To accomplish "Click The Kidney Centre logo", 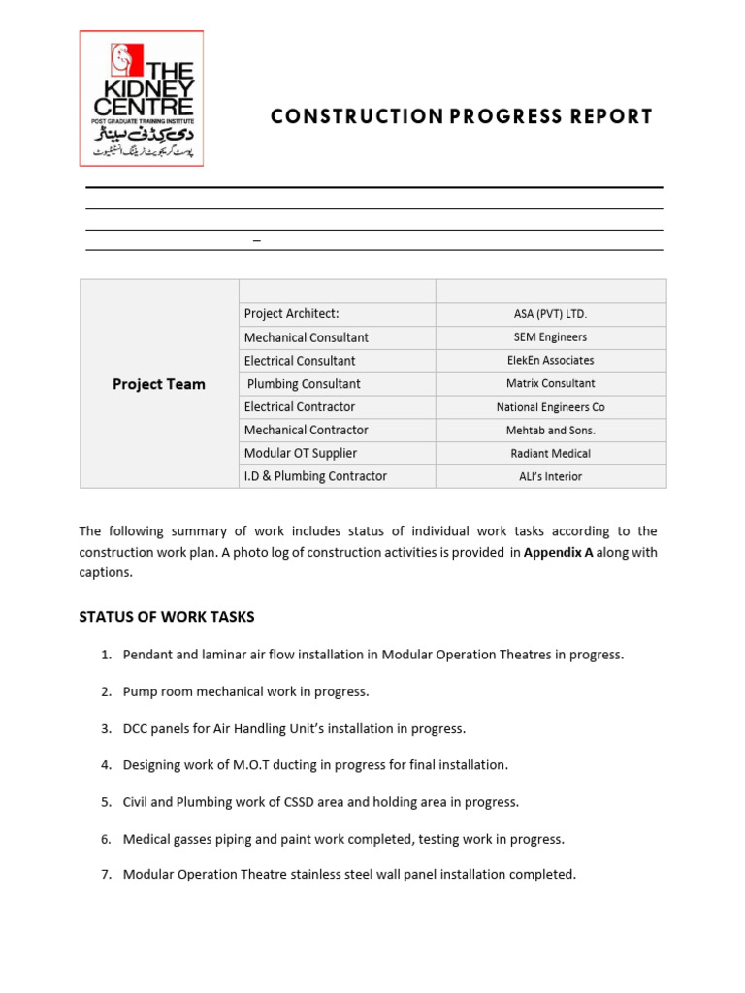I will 142,98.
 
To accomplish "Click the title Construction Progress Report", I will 462,117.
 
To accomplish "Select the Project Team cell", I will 159,384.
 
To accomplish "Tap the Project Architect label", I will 292,314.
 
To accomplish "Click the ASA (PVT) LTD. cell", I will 550,314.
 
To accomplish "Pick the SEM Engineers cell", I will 550,337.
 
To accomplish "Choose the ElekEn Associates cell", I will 550,361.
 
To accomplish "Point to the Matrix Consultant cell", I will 550,384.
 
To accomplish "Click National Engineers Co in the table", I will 550,407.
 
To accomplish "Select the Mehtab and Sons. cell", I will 550,431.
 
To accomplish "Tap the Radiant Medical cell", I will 550,454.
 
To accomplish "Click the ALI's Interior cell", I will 550,477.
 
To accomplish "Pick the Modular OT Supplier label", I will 301,453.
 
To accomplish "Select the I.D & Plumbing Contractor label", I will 315,476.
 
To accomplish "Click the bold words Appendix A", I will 558,553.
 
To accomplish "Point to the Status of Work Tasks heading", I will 167,617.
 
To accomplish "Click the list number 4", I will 106,765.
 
